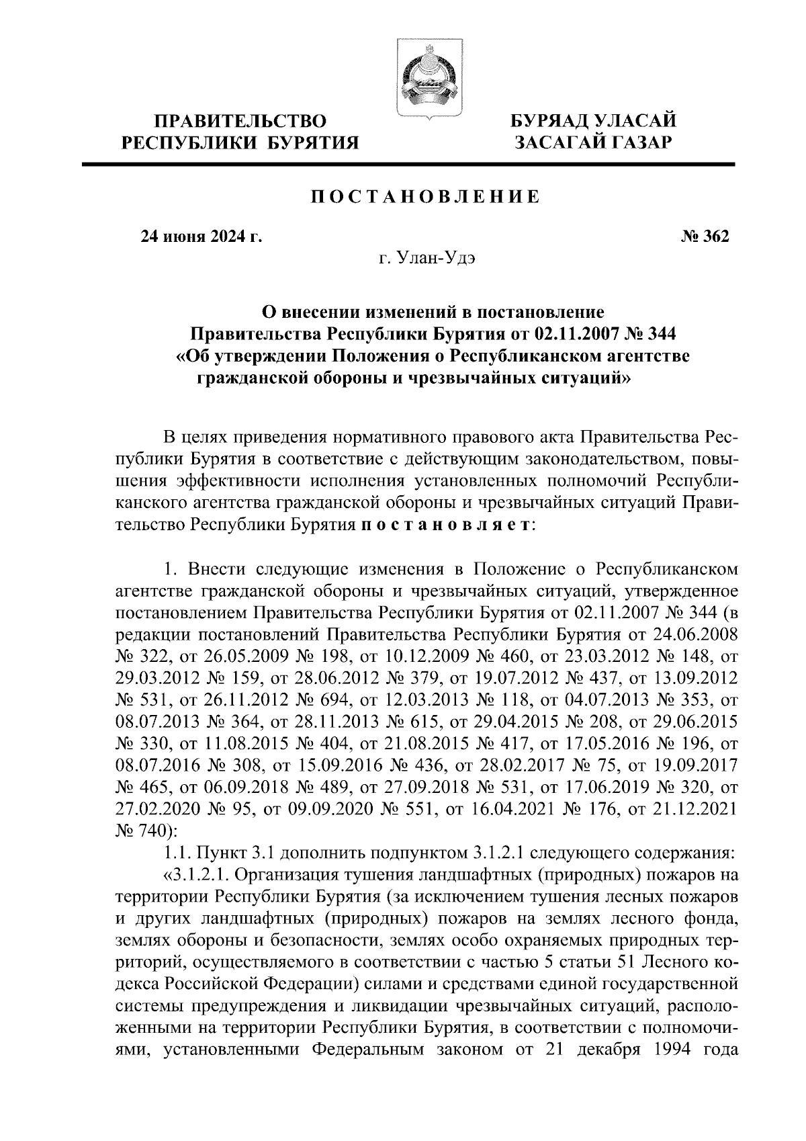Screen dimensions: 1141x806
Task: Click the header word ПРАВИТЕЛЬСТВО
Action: tap(240, 121)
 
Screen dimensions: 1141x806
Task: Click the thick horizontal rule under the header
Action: tap(409, 164)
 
